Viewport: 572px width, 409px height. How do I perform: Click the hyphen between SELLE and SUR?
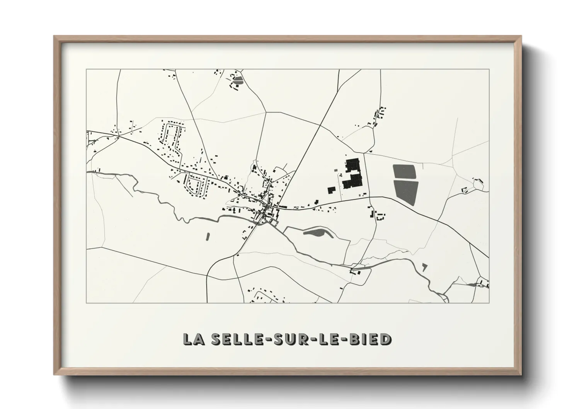pyautogui.click(x=262, y=339)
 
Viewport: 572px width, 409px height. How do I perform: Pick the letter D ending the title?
pyautogui.click(x=385, y=339)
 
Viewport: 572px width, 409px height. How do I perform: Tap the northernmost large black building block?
pyautogui.click(x=352, y=165)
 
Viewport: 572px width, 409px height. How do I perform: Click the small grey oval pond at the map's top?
pyautogui.click(x=238, y=80)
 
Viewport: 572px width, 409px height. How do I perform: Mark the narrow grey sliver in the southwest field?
pyautogui.click(x=208, y=235)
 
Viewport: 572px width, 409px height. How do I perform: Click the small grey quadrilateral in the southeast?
pyautogui.click(x=425, y=266)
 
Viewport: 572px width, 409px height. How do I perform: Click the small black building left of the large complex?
pyautogui.click(x=331, y=190)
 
